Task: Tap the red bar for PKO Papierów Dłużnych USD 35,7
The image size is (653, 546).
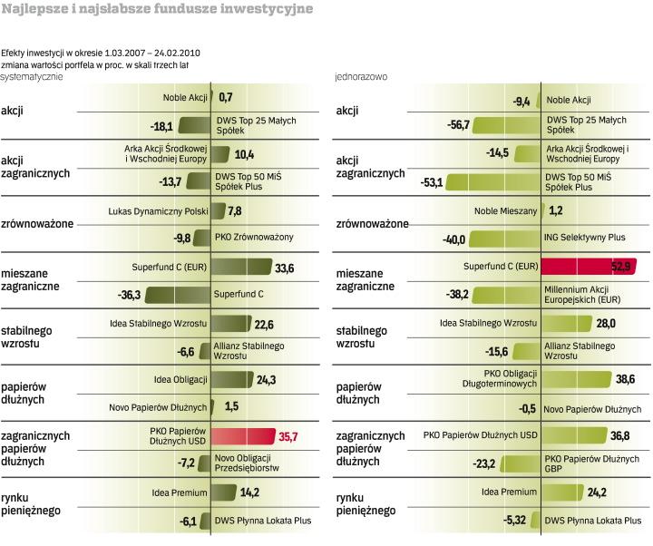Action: click(242, 436)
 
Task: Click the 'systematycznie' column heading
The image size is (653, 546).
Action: click(32, 78)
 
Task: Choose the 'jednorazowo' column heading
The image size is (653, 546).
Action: click(361, 78)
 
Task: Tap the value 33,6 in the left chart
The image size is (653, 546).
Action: click(285, 268)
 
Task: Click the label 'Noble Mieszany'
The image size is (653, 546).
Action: click(505, 210)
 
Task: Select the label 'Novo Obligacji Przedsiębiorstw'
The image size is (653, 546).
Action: click(247, 464)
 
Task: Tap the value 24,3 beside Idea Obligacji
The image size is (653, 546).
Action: click(267, 379)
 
